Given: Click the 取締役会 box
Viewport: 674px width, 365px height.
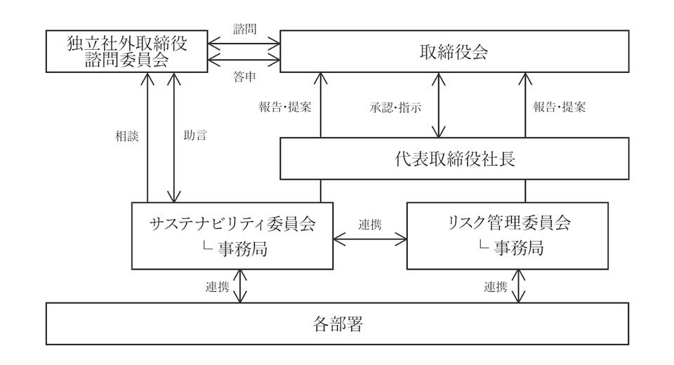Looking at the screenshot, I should point(455,52).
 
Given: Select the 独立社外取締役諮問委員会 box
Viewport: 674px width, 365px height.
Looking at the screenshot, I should point(126,52).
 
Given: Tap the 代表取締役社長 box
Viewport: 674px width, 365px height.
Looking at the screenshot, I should point(455,159).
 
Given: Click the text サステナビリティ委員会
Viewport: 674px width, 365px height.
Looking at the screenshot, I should point(232,224).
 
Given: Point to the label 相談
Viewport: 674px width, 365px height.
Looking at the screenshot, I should point(126,136).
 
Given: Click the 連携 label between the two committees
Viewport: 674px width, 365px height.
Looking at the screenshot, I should point(370,225).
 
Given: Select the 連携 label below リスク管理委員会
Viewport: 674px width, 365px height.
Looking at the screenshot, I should point(496,286).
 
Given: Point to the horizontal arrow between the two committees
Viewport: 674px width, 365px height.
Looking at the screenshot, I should point(370,239).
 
